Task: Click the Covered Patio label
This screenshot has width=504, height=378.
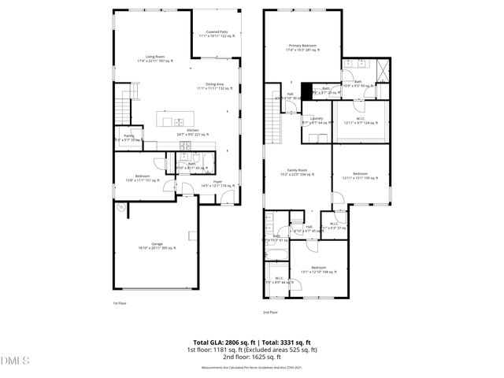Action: point(217,34)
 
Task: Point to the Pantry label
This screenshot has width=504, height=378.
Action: point(128,138)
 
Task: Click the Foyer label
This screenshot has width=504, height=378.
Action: point(217,183)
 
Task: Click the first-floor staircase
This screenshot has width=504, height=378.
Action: point(122,103)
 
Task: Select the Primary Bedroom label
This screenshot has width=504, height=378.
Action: point(302,48)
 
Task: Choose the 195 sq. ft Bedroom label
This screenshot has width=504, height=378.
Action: point(360,175)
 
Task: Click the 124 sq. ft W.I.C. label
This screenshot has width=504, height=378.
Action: point(359,120)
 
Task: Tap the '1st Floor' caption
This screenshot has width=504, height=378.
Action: point(120,302)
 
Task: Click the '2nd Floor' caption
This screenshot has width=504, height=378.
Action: point(270,312)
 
